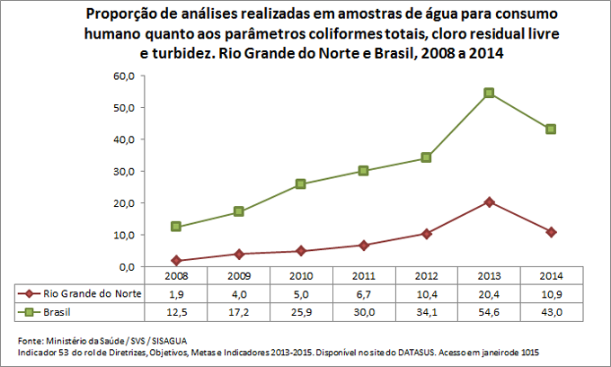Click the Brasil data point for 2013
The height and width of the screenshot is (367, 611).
point(489,93)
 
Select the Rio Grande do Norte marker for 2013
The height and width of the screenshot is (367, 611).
point(489,201)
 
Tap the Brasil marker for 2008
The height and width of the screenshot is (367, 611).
point(176,227)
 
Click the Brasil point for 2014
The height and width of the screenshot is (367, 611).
point(551,130)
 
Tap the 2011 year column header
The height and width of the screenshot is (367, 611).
point(364,276)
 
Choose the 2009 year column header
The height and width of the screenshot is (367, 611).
point(239,276)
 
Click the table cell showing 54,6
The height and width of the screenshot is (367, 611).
point(489,311)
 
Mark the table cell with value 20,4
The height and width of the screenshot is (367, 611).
point(489,293)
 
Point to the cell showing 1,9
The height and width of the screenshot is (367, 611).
point(176,293)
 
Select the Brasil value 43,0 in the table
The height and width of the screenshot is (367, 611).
point(551,311)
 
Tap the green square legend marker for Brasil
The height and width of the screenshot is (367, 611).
point(29,311)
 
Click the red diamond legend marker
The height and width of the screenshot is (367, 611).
point(29,293)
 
